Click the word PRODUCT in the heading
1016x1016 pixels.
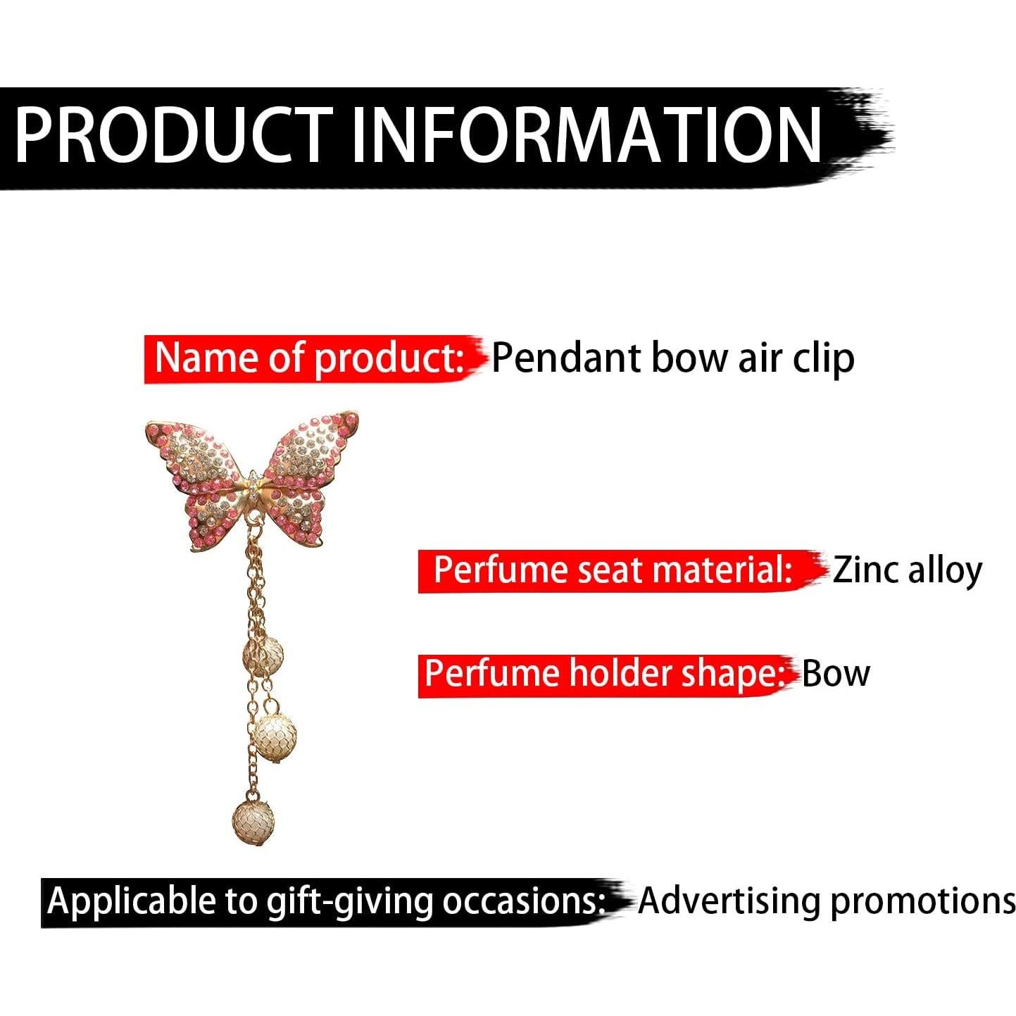tap(175, 135)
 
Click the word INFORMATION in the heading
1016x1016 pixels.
tap(585, 135)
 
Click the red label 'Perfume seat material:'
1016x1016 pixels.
tap(613, 570)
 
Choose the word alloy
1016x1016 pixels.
tap(946, 572)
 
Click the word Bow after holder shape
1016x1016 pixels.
tap(836, 674)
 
